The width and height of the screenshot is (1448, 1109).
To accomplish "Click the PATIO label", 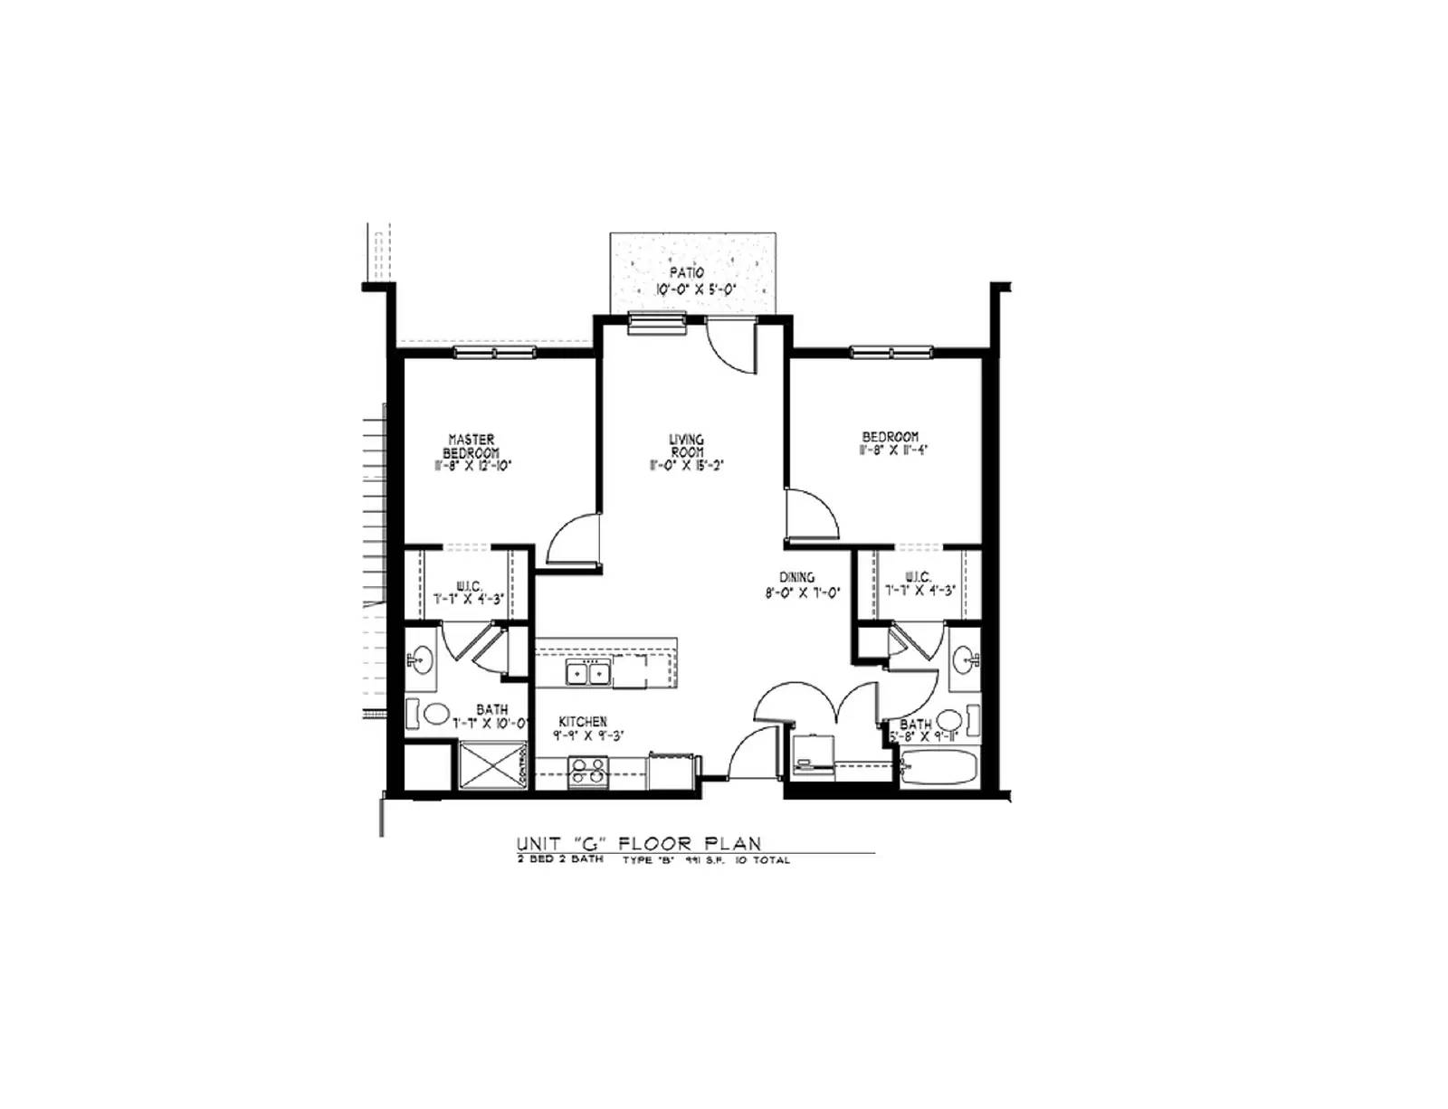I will tap(687, 272).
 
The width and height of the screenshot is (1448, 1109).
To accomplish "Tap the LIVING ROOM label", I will tap(686, 445).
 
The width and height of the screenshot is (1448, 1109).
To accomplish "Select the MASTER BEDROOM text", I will tap(472, 446).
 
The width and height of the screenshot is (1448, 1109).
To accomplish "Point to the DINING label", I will tap(797, 577).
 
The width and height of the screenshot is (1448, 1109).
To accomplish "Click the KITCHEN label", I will tap(582, 722).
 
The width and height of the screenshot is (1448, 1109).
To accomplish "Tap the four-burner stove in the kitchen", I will tap(588, 770).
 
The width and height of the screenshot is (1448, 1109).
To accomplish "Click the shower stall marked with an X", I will tap(493, 767).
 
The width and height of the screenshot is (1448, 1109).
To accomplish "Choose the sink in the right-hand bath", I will tap(966, 658).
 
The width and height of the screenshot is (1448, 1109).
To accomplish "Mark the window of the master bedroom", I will tap(494, 353).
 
